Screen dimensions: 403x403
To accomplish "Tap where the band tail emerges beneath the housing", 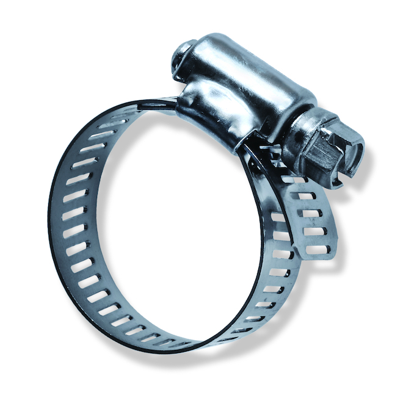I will tap(269, 159).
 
